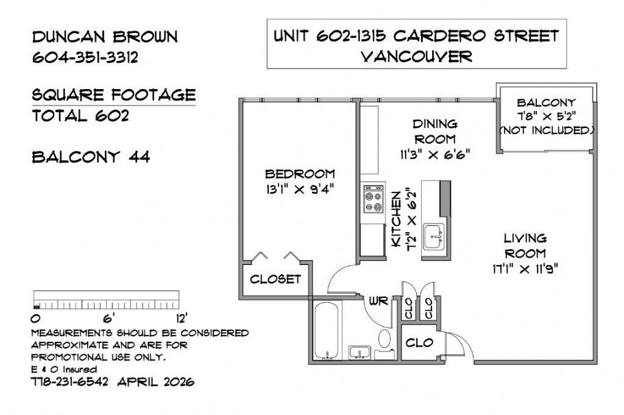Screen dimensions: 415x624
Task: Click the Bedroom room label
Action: pos(300,173)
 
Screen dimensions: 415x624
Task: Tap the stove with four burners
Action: pos(374,200)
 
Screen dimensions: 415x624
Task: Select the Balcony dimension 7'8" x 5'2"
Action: pos(546,116)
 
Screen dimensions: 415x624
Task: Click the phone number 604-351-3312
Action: pos(86,58)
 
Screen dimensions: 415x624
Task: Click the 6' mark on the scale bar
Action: pos(107,317)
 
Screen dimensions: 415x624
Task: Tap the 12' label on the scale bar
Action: pos(180,318)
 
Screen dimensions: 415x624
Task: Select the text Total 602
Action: pos(80,116)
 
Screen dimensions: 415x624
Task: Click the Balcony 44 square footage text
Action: pos(91,158)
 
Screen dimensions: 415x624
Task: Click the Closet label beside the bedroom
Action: pos(275,279)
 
